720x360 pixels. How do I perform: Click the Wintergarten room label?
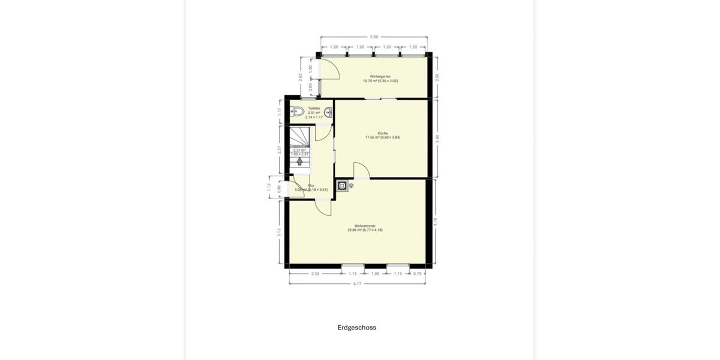click(380, 77)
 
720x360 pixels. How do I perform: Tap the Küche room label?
click(382, 133)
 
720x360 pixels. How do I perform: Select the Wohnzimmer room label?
click(364, 226)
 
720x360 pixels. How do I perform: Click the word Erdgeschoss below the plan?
click(356, 328)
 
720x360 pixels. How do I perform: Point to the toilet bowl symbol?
click(296, 111)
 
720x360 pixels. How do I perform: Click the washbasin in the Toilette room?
click(329, 111)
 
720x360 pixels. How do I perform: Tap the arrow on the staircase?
click(299, 161)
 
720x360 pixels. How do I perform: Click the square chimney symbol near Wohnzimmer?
click(341, 185)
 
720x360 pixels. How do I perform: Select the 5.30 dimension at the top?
click(374, 37)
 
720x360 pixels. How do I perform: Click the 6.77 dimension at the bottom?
click(357, 284)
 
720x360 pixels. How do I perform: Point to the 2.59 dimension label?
click(315, 274)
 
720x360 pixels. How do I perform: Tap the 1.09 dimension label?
click(375, 274)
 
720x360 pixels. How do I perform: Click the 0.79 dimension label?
click(417, 274)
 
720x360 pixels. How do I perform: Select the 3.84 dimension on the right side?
click(437, 138)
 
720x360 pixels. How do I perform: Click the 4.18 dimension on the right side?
click(435, 221)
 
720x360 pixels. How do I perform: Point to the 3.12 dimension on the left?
click(279, 233)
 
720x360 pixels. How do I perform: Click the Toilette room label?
click(314, 109)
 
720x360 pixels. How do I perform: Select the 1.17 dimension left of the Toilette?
click(280, 111)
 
